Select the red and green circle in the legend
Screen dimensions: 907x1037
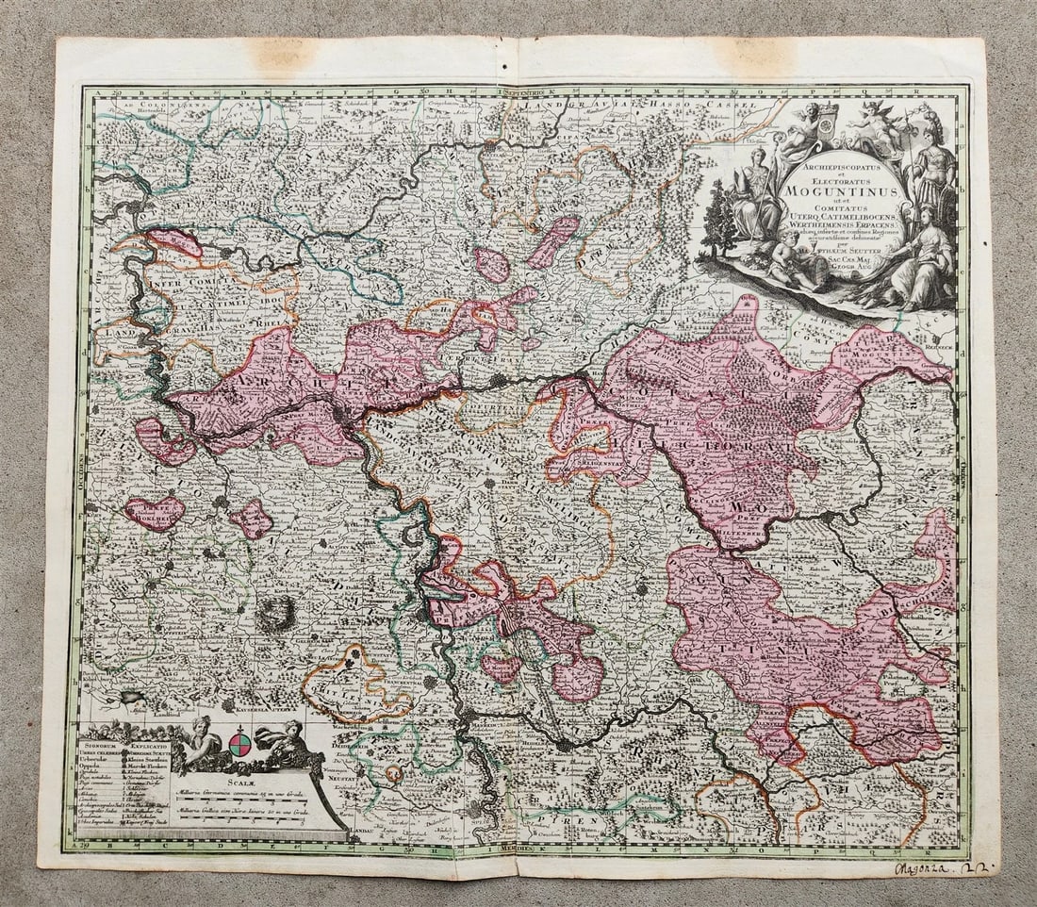[240, 744]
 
